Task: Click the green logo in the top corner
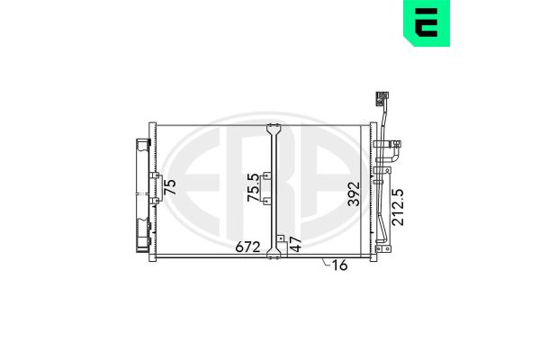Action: click(x=427, y=22)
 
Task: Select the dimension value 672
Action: click(x=247, y=247)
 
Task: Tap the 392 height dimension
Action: click(x=354, y=194)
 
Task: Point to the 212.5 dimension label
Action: click(x=398, y=207)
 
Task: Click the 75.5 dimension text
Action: click(x=253, y=187)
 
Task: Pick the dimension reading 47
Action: click(x=295, y=244)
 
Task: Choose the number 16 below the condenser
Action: click(x=339, y=265)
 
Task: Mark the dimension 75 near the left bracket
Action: click(x=170, y=187)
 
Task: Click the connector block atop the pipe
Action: click(x=382, y=98)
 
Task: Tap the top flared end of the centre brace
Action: click(x=274, y=128)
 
